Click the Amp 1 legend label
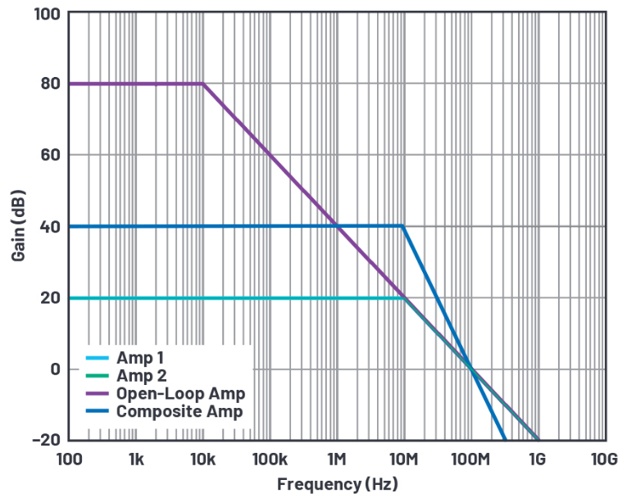click(139, 359)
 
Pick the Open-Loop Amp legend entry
click(180, 394)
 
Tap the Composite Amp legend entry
click(179, 411)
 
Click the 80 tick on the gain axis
click(50, 84)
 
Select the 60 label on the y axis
click(50, 155)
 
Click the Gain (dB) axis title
click(18, 227)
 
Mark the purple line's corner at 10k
click(202, 84)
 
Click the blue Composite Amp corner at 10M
click(402, 226)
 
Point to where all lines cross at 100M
click(471, 369)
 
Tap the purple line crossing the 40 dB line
click(336, 226)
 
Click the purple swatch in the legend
click(97, 394)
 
